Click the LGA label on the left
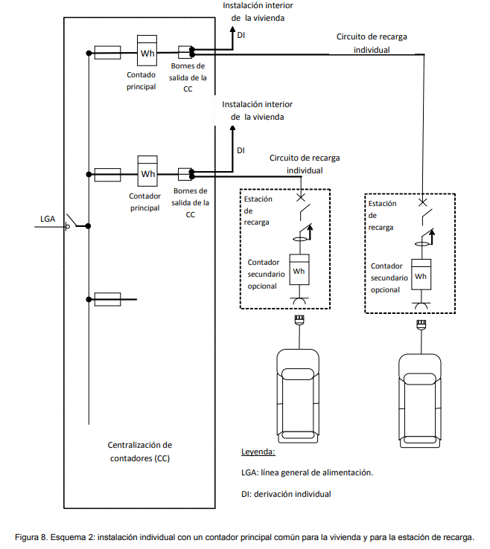pyautogui.click(x=48, y=219)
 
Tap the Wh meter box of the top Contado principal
pyautogui.click(x=147, y=51)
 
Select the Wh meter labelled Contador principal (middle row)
pyautogui.click(x=147, y=171)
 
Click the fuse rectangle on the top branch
pyautogui.click(x=107, y=53)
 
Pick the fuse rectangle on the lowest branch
pyautogui.click(x=107, y=299)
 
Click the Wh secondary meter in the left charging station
pyautogui.click(x=299, y=269)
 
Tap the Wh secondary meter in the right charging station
pyautogui.click(x=421, y=274)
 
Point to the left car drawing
pyautogui.click(x=299, y=396)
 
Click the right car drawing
pyautogui.click(x=420, y=401)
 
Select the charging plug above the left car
pyautogui.click(x=299, y=320)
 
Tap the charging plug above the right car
pyautogui.click(x=421, y=324)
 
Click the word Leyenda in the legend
pyautogui.click(x=258, y=452)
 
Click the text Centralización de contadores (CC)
pyautogui.click(x=140, y=452)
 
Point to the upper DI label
pyautogui.click(x=241, y=35)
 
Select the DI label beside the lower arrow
pyautogui.click(x=241, y=150)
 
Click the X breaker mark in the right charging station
pyautogui.click(x=423, y=202)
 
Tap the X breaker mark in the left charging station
pyautogui.click(x=301, y=198)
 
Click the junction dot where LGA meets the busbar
pyautogui.click(x=89, y=226)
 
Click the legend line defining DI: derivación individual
pyautogui.click(x=286, y=494)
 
